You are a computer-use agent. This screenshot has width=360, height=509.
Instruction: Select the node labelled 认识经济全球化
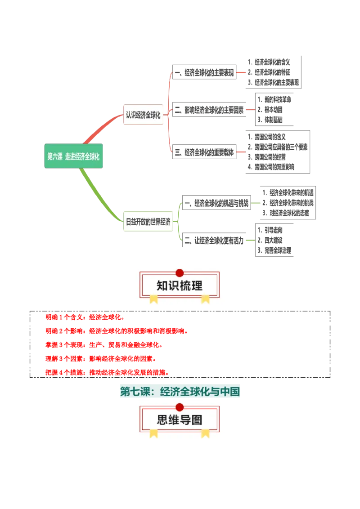coord(143,115)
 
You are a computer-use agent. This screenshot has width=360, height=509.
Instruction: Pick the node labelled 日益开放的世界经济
coord(148,222)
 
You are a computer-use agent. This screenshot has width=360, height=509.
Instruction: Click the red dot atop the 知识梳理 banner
coord(180,273)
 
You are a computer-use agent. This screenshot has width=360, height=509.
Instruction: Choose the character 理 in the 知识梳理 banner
coord(197,286)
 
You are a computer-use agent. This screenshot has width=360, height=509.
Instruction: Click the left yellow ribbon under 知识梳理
coord(154,299)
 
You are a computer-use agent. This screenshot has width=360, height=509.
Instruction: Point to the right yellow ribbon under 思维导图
coord(205,433)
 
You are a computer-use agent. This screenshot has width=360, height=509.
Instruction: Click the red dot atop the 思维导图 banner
coord(180,407)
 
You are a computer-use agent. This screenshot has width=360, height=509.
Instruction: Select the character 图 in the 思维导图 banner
coord(197,420)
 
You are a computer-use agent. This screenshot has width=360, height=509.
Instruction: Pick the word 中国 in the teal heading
coord(230,392)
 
